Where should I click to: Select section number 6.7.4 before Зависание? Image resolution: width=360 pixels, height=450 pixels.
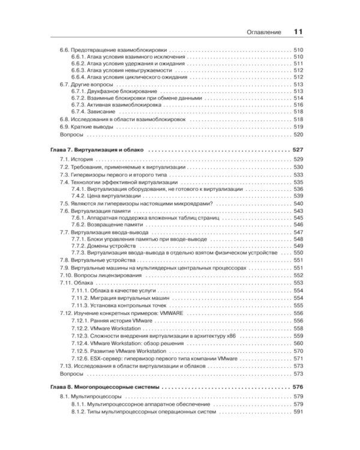click(79, 111)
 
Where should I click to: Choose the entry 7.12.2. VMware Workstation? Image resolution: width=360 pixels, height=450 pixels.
click(110, 329)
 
